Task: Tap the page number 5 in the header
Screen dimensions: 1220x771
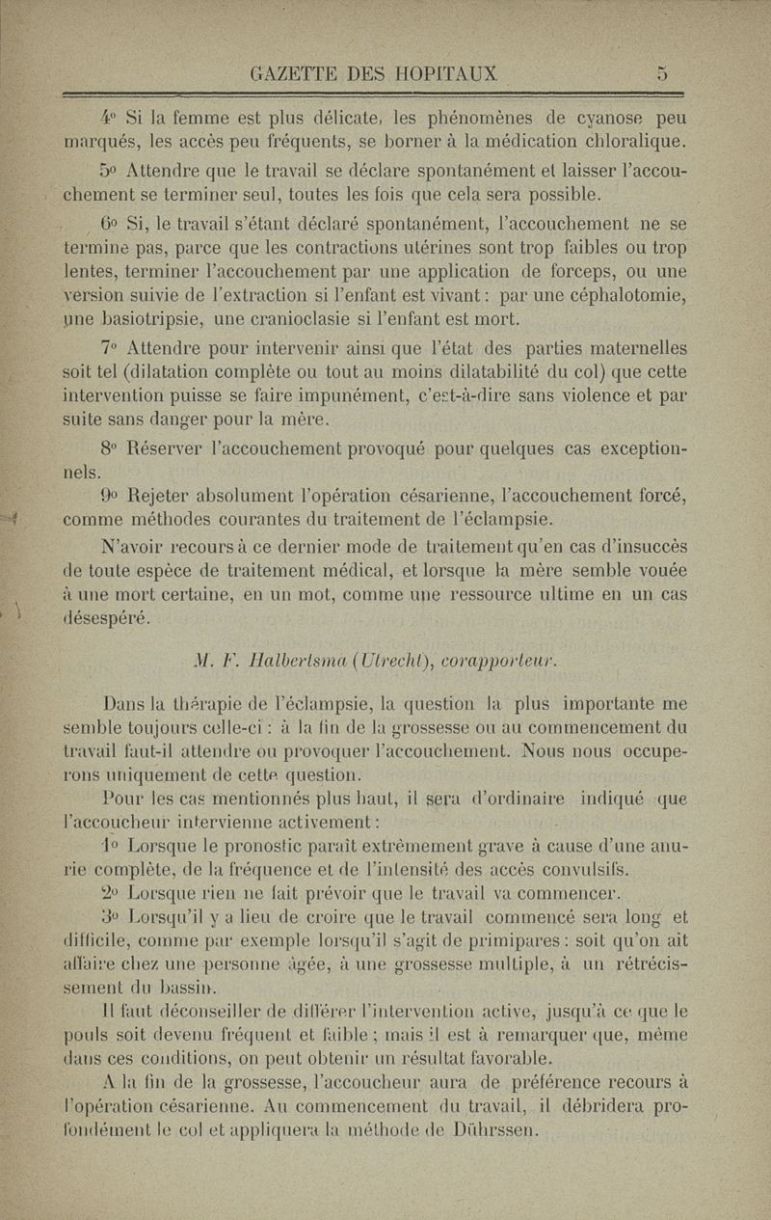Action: [x=662, y=72]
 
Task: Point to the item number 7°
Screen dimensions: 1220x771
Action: [x=111, y=347]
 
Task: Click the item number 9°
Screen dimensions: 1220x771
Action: [x=111, y=497]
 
